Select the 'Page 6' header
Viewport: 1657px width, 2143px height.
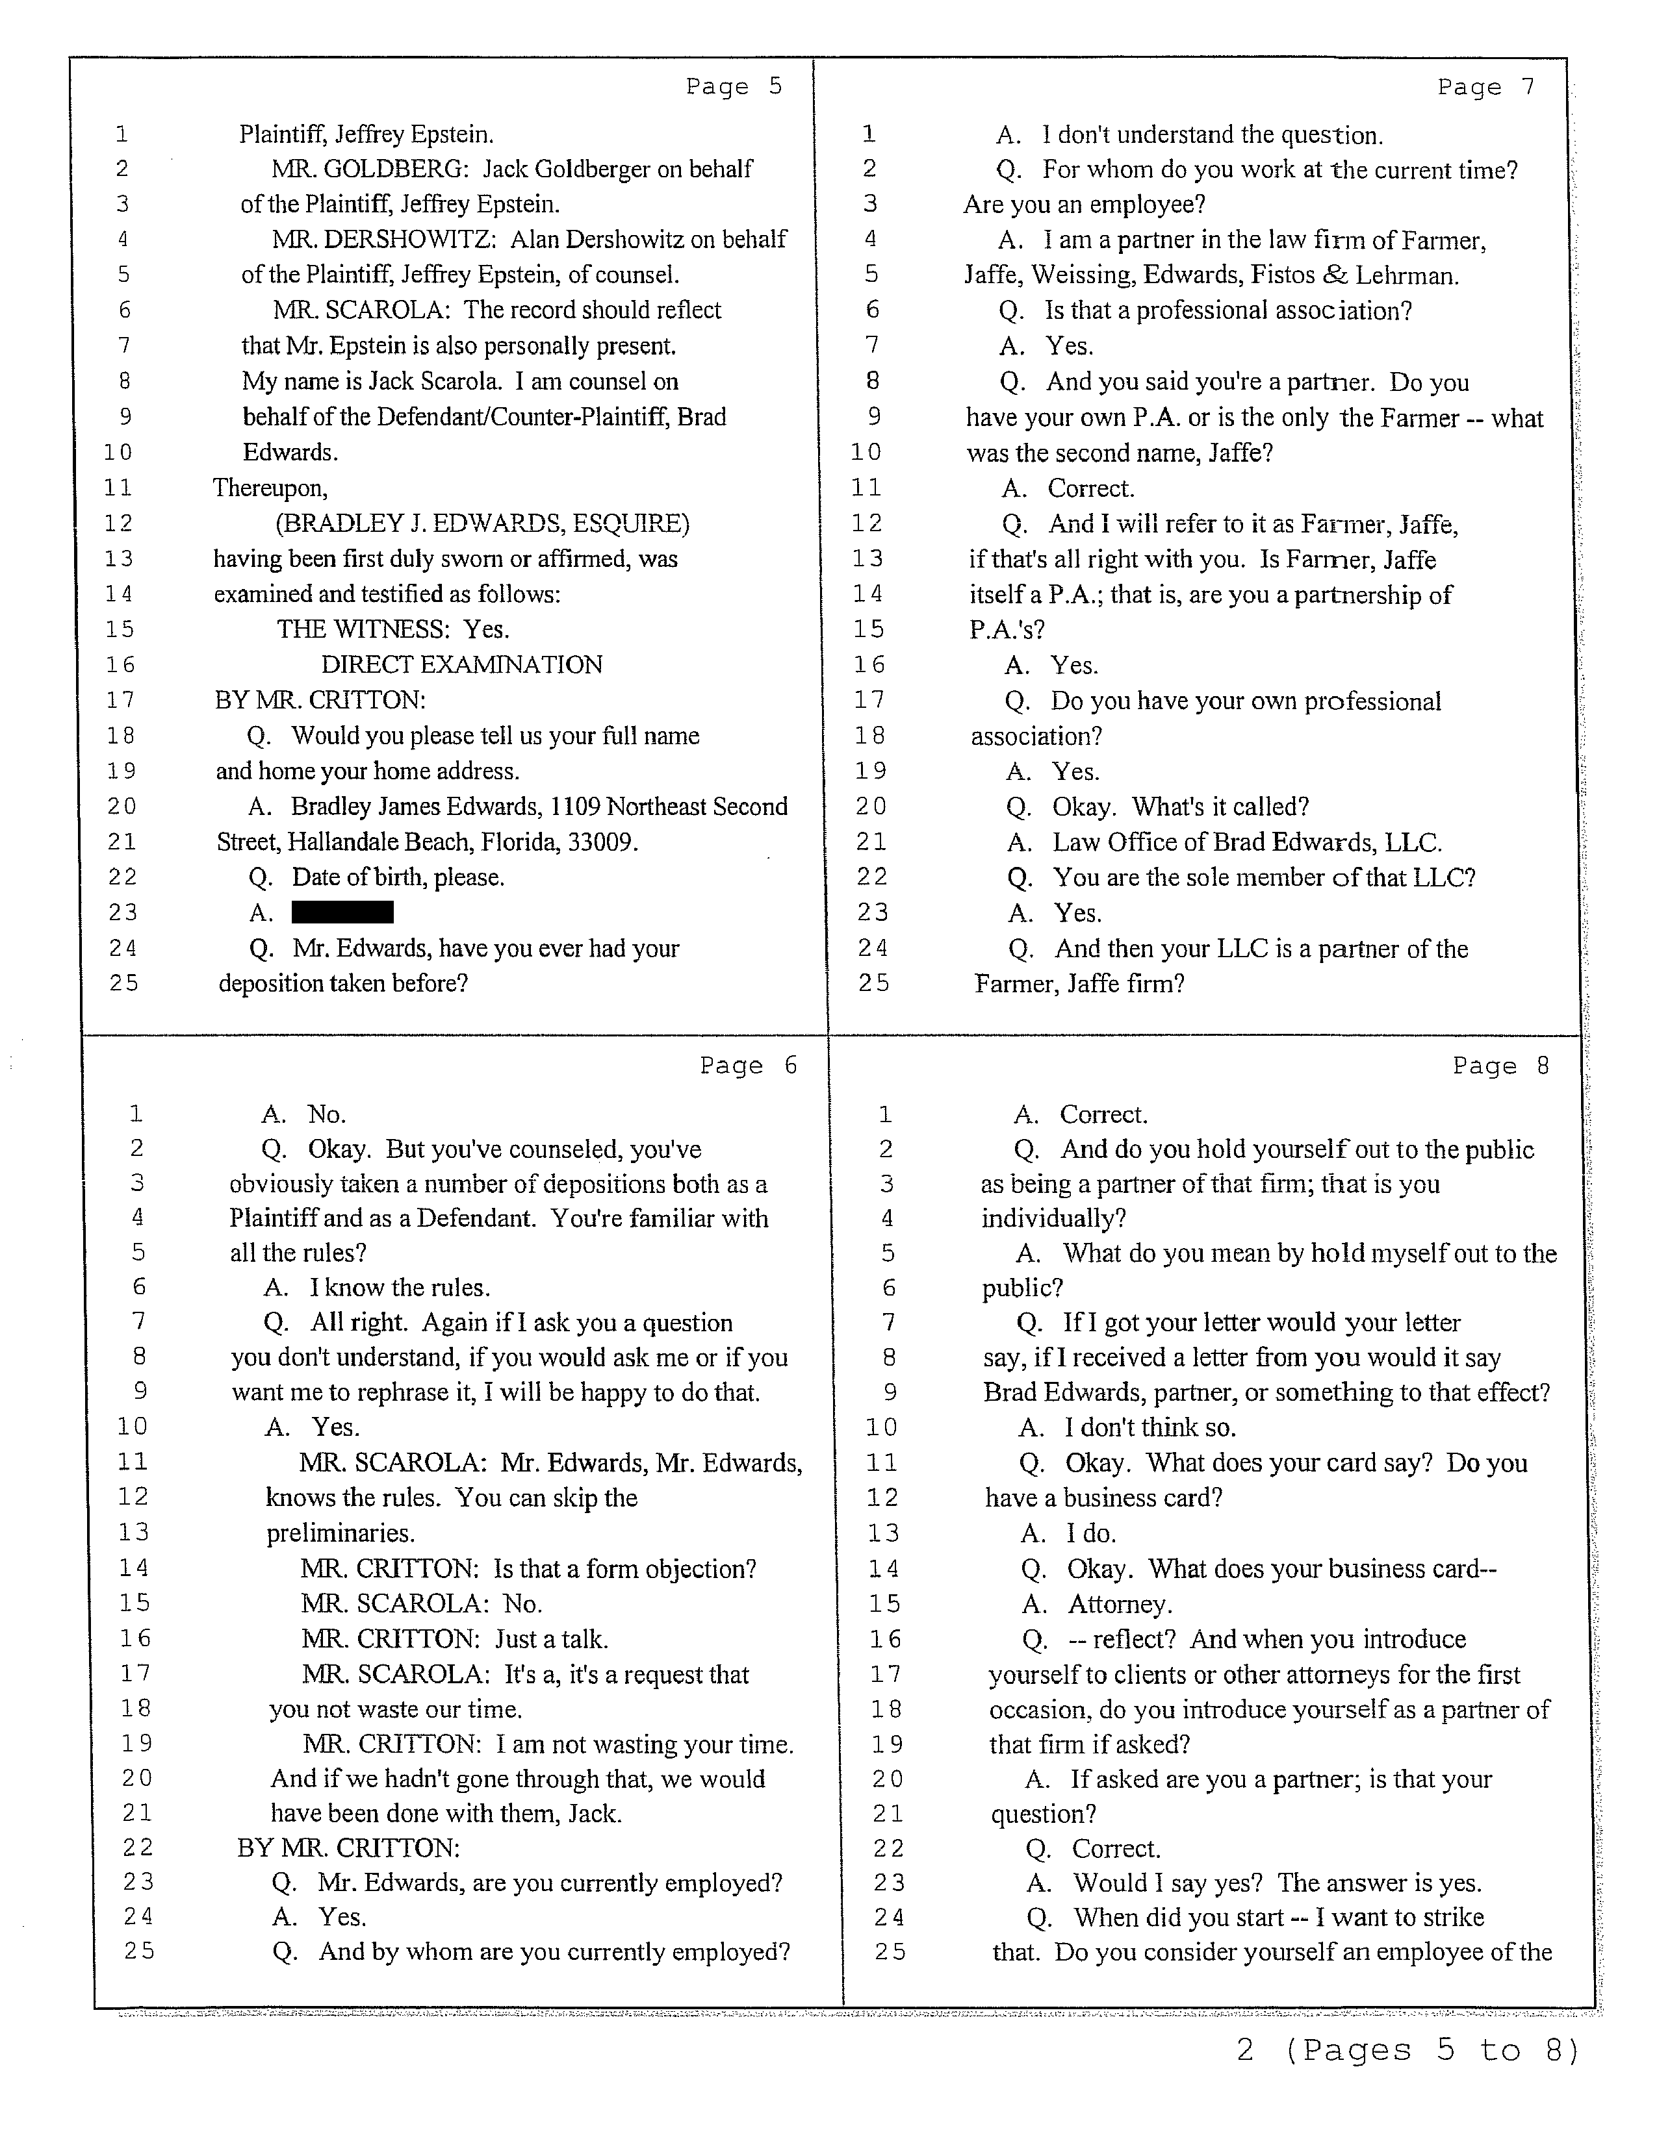tap(748, 1066)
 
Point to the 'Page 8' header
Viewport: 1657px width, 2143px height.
tap(1501, 1066)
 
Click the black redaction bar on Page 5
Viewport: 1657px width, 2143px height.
tap(342, 912)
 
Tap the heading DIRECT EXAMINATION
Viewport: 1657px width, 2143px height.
tap(461, 664)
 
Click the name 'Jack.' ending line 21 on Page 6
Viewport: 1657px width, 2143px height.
tap(595, 1812)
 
